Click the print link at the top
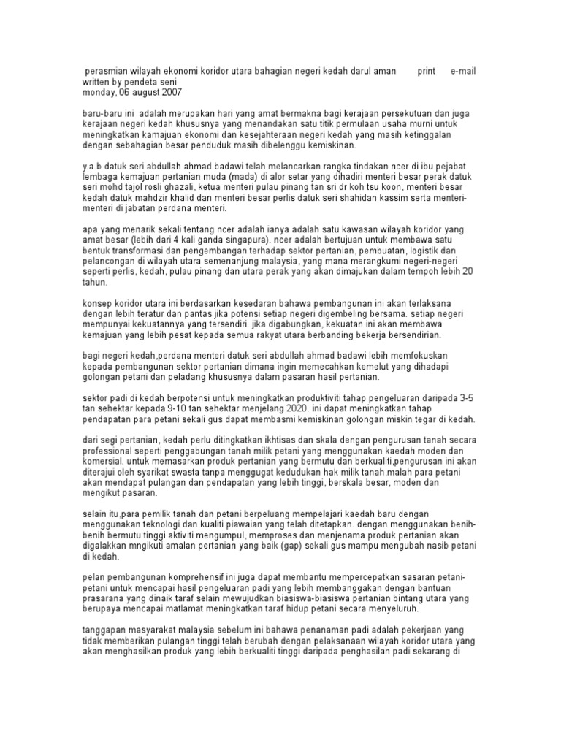click(x=426, y=72)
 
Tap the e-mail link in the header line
click(x=463, y=72)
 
